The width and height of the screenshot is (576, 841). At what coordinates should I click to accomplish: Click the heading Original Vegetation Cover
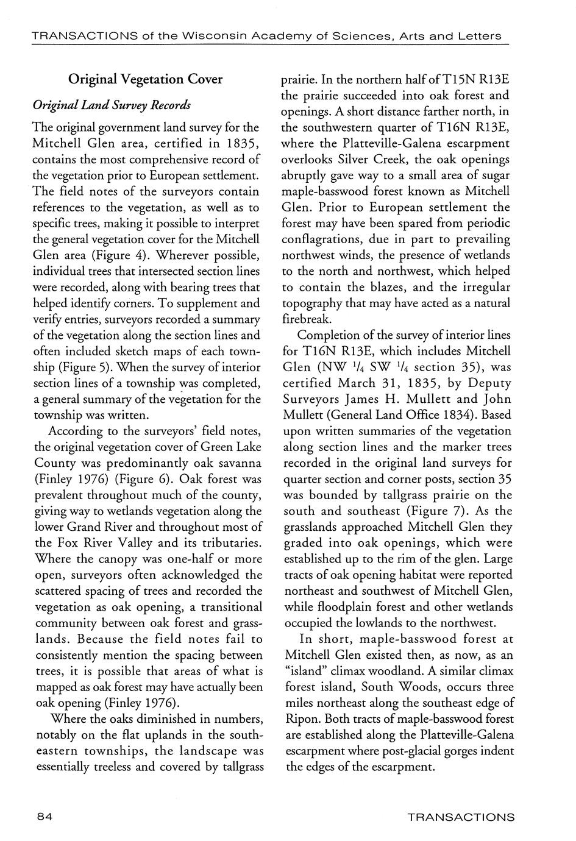tap(145, 79)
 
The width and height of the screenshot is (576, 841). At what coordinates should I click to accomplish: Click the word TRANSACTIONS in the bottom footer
tap(460, 817)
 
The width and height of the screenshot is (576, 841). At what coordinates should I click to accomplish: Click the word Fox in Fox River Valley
tap(65, 542)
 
